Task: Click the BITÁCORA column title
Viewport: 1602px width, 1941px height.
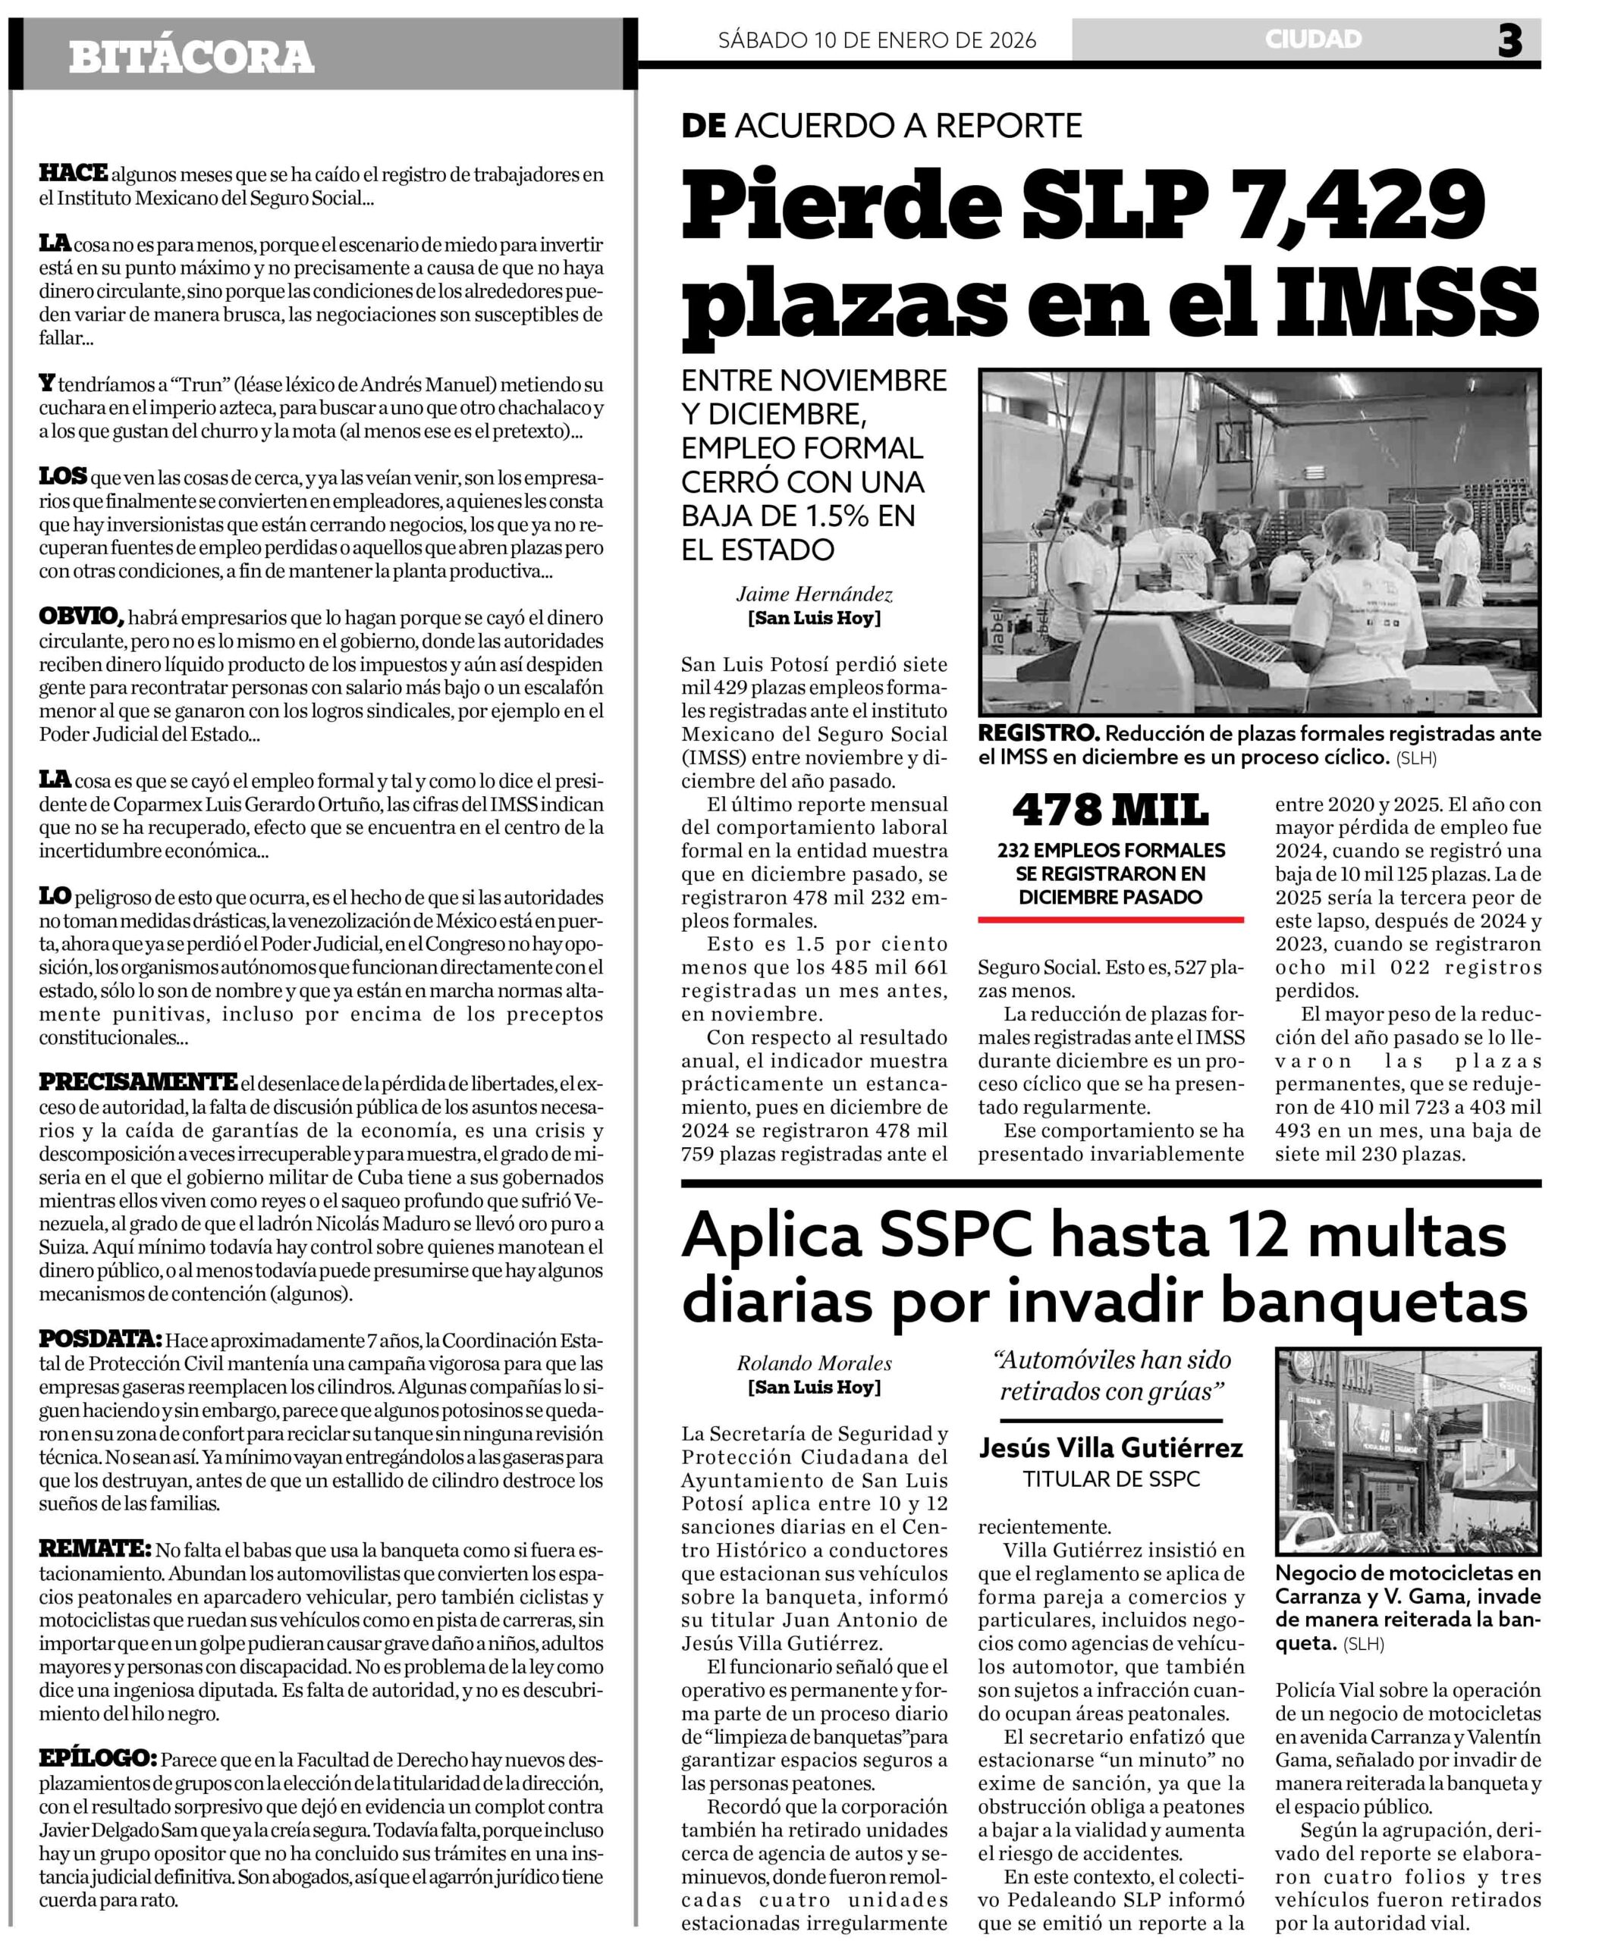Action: point(191,57)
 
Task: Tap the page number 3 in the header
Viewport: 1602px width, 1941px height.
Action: point(1509,41)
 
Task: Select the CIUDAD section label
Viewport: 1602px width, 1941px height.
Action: point(1313,39)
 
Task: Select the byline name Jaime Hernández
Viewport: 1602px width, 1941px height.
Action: point(814,595)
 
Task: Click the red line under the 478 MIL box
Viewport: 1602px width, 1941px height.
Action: point(1110,920)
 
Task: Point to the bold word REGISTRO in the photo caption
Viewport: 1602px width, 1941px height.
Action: point(1038,733)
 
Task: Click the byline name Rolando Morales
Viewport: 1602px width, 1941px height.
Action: point(814,1363)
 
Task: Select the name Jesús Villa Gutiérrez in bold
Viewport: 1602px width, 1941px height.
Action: point(1110,1448)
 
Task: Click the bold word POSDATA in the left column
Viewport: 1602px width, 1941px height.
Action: point(99,1340)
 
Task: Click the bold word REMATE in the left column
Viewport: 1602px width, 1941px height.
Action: point(94,1549)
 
